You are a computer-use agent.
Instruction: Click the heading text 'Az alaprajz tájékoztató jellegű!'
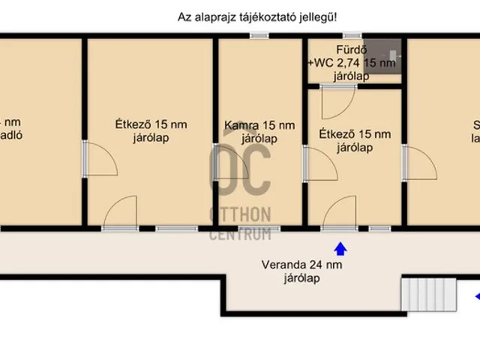[x=257, y=16]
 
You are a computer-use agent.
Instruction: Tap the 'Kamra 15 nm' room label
[x=259, y=125]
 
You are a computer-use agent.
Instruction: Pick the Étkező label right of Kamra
[x=355, y=135]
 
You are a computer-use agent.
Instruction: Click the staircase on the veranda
[x=429, y=294]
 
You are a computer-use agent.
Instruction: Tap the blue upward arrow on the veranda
[x=340, y=248]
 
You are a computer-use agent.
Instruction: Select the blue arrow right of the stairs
[x=476, y=297]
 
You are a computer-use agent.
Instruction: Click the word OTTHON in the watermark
[x=240, y=214]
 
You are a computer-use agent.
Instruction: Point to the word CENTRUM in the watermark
[x=240, y=235]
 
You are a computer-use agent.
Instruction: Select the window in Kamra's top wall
[x=259, y=35]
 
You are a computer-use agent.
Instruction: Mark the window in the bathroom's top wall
[x=352, y=35]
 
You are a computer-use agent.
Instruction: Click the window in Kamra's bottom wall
[x=259, y=228]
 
